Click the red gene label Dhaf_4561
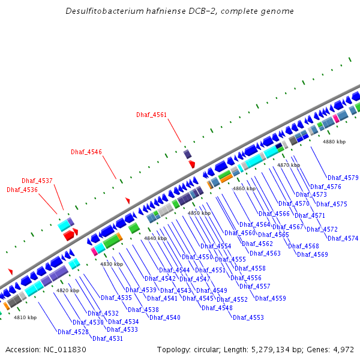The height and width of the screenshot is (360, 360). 151,115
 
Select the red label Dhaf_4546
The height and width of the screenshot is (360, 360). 86,152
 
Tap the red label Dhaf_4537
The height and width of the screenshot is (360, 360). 37,181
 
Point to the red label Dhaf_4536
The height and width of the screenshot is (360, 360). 22,190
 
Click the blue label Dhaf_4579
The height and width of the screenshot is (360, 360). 343,178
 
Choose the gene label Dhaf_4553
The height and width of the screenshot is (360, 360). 248,317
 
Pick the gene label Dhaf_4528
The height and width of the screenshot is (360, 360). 73,332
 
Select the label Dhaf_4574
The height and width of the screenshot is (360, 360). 343,238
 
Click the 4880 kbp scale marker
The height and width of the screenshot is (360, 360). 334,142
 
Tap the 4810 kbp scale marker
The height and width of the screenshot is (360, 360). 25,317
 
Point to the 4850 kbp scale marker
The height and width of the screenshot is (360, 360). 199,213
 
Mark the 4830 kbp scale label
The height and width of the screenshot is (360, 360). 112,264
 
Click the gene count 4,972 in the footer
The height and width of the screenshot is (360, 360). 342,349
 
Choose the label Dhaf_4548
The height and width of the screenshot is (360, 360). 217,308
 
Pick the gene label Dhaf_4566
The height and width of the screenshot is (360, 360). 274,214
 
